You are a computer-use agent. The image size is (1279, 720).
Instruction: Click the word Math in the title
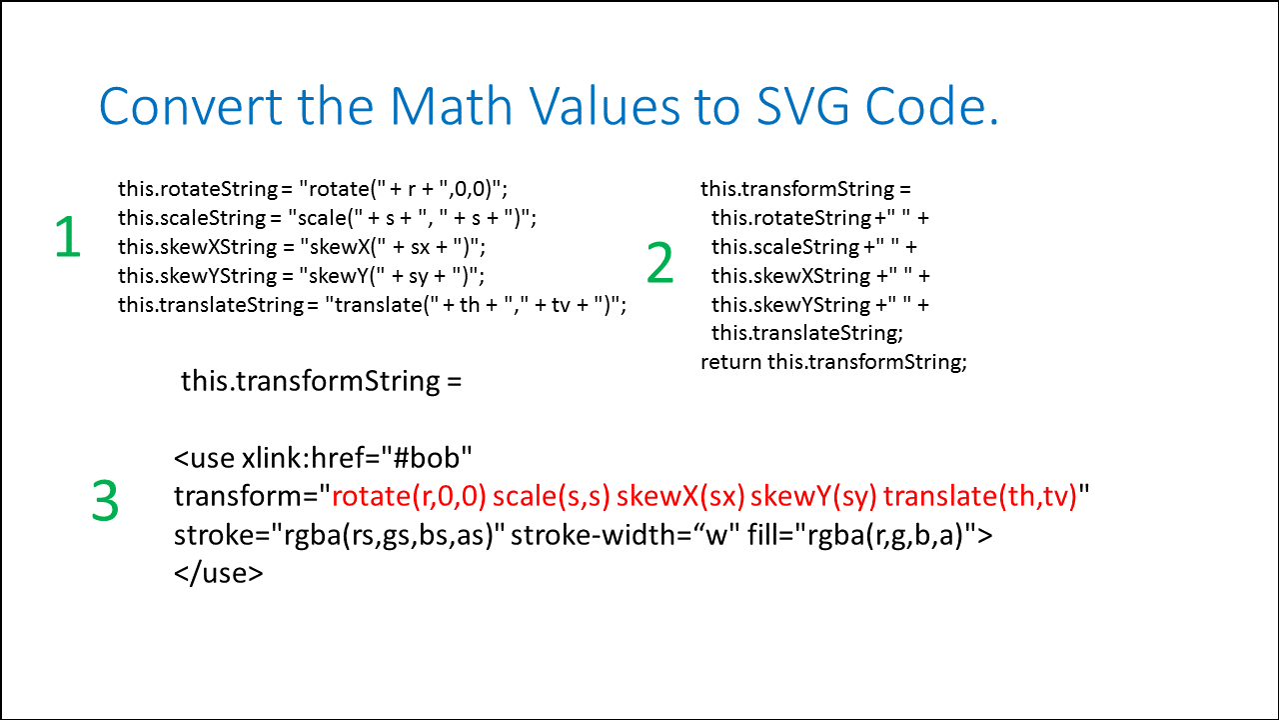(451, 106)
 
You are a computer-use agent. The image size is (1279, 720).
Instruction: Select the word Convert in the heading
(191, 106)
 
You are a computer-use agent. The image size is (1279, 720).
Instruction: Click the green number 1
(68, 236)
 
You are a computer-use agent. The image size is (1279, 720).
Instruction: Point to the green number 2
(660, 262)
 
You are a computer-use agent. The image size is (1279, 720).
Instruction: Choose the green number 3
(105, 501)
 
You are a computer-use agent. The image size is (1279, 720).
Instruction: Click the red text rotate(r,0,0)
(409, 496)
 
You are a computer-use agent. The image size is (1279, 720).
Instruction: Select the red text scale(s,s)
(552, 496)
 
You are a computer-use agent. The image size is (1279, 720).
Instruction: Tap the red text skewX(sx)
(680, 496)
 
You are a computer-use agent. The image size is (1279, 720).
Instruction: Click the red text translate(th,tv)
(980, 496)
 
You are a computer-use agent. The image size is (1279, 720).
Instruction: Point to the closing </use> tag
(219, 573)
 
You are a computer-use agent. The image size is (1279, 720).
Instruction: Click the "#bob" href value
(427, 458)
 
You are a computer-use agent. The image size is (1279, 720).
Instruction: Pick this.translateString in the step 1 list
(211, 305)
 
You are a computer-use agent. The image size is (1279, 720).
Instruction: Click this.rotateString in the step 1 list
(198, 189)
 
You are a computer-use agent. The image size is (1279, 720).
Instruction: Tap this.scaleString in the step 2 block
(785, 247)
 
